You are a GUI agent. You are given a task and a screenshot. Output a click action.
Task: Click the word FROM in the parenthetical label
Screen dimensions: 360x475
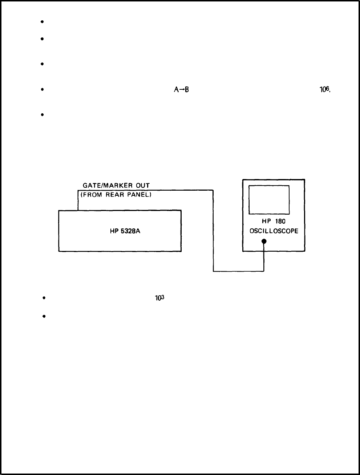point(92,194)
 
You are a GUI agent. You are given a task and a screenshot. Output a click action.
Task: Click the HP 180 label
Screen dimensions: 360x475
point(274,221)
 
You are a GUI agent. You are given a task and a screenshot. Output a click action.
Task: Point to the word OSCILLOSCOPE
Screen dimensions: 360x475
point(274,231)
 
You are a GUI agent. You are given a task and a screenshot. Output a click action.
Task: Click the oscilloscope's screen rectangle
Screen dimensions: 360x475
point(269,200)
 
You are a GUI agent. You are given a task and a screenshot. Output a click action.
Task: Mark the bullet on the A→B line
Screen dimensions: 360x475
point(43,90)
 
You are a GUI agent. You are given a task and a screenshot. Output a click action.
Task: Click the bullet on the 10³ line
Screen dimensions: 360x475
point(43,298)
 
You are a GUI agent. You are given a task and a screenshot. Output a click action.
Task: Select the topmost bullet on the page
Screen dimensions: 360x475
point(43,22)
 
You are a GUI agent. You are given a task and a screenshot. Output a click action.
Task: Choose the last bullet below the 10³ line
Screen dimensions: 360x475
point(43,316)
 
